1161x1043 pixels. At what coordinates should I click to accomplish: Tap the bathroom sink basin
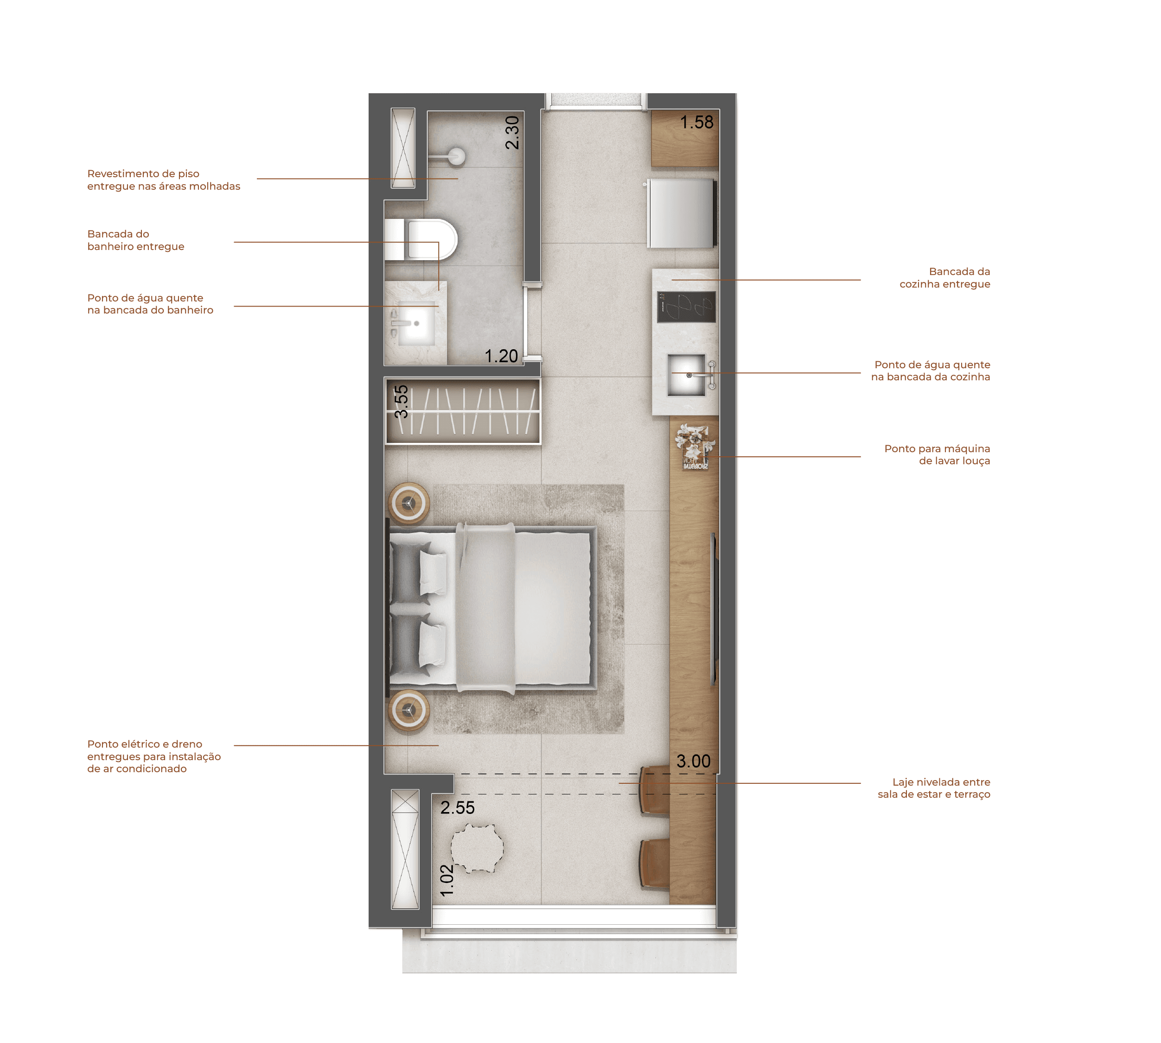pos(416,323)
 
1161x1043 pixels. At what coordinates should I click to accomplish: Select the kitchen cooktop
pos(686,307)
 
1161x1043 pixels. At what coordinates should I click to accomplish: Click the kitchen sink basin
pos(686,375)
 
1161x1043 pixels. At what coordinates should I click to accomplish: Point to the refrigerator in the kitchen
pos(681,213)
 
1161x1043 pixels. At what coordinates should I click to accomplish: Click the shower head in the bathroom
pos(456,156)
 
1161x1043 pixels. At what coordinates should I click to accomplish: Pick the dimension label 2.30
pos(512,132)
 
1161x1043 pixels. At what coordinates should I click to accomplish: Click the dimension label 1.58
pos(696,122)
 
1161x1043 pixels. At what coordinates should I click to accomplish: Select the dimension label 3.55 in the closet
pos(401,401)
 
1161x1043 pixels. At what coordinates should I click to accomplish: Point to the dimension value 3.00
pos(693,761)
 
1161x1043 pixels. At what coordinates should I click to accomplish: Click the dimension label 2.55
pos(457,807)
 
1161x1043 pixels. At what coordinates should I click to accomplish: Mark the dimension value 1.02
pos(447,880)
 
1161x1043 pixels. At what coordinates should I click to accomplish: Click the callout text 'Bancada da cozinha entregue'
pos(944,277)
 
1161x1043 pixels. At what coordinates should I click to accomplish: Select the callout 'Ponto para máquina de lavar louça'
pos(937,454)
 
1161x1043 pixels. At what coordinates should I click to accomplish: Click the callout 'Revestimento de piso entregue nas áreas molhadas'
pos(164,180)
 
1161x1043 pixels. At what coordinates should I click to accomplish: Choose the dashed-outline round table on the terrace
pos(477,848)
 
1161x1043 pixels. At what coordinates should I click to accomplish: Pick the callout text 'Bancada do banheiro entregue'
pos(136,240)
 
